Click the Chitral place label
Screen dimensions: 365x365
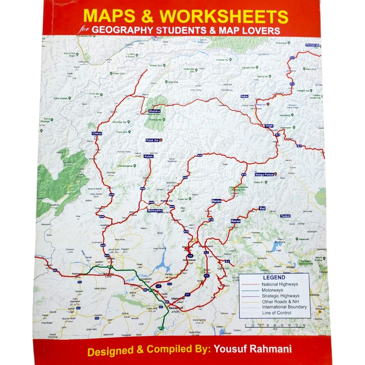[97, 133]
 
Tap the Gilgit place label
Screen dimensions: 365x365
[269, 126]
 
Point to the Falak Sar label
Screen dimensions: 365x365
[153, 140]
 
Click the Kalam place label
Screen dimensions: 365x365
[148, 156]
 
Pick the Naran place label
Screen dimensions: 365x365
[216, 201]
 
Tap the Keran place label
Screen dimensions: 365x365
[236, 221]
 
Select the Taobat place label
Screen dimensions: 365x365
[285, 216]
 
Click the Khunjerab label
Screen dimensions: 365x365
[312, 45]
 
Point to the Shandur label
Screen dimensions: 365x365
[155, 111]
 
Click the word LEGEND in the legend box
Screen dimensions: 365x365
[274, 277]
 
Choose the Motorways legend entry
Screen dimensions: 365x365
[272, 290]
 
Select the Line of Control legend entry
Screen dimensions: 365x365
[277, 313]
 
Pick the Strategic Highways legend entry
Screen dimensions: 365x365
[280, 296]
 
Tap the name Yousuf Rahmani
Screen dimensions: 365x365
[252, 349]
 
